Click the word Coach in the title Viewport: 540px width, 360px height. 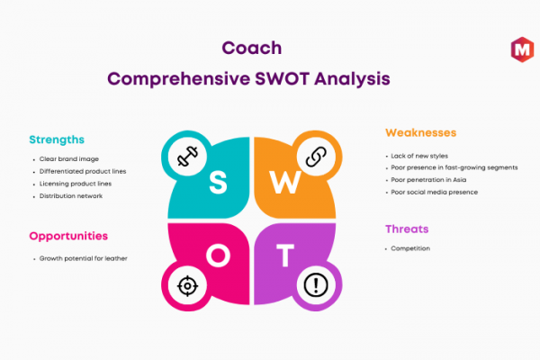252,48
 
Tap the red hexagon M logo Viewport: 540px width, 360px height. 522,49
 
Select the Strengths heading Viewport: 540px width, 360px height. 57,139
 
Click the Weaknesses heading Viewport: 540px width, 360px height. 421,132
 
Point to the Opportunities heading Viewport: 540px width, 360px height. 68,237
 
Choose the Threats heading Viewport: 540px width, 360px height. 407,229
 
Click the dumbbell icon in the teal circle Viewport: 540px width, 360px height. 187,157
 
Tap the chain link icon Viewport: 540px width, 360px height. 316,157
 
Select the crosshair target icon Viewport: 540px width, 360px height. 187,286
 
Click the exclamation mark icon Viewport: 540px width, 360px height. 316,285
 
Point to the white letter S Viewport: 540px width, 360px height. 218,182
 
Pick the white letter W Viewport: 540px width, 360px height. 285,182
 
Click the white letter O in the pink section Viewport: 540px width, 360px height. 219,256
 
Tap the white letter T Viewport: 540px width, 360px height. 285,256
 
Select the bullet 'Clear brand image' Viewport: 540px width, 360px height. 69,159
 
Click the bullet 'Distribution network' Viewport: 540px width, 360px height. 71,196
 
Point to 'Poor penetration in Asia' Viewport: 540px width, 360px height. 428,180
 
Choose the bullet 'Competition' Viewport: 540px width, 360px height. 410,248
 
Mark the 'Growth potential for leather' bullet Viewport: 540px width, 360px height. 84,258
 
